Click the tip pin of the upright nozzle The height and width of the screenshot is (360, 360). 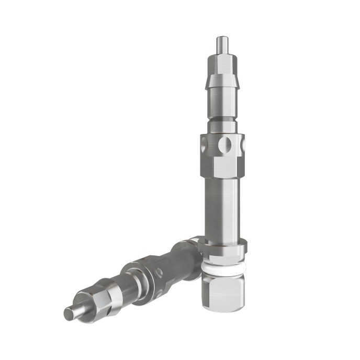(x=222, y=43)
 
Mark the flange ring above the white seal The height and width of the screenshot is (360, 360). (x=223, y=247)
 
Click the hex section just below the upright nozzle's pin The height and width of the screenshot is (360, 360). (x=222, y=63)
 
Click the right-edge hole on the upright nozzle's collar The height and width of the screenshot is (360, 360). (x=242, y=143)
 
